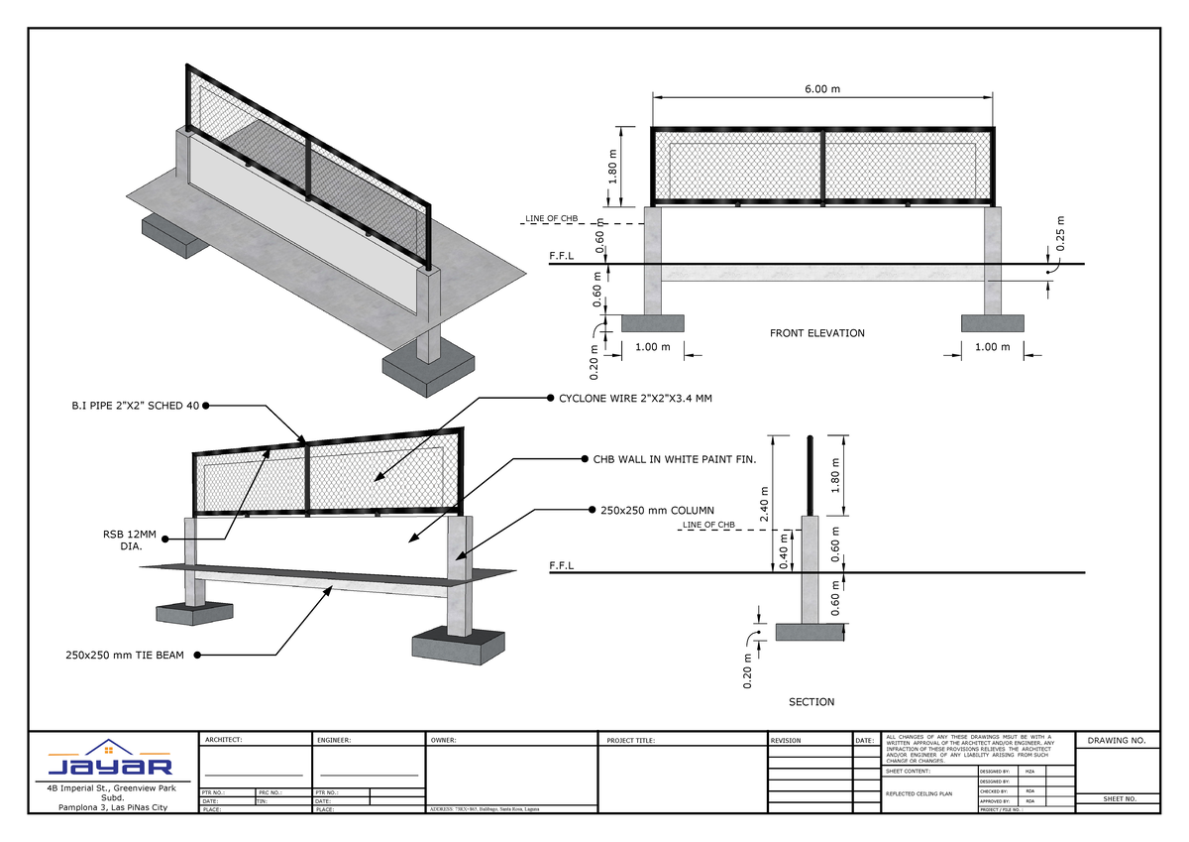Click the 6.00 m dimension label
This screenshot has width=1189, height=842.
click(820, 88)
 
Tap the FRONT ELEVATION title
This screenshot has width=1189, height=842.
click(817, 333)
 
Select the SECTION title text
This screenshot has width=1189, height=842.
click(811, 702)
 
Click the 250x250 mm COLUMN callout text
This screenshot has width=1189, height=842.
click(658, 511)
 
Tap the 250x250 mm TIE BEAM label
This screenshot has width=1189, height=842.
click(126, 655)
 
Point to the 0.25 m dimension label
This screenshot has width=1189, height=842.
click(1060, 235)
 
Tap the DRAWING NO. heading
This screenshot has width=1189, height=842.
click(1117, 741)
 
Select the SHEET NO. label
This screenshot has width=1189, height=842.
click(1117, 798)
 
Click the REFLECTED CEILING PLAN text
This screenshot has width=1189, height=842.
click(919, 794)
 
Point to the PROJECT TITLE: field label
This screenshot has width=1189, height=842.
click(631, 741)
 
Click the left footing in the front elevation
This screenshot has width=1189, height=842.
click(652, 323)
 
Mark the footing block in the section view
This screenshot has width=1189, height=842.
click(810, 631)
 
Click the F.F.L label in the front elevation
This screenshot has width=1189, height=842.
click(562, 256)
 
